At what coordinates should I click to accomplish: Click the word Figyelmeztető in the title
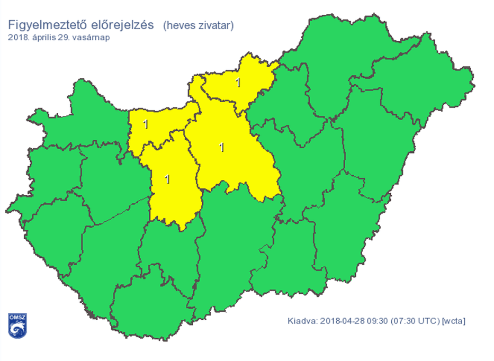[44, 25]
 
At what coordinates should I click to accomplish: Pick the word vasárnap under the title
[92, 38]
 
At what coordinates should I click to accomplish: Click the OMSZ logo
[17, 325]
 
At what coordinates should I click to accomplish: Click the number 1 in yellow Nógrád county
[238, 83]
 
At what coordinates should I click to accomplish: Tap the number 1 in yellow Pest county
[222, 147]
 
